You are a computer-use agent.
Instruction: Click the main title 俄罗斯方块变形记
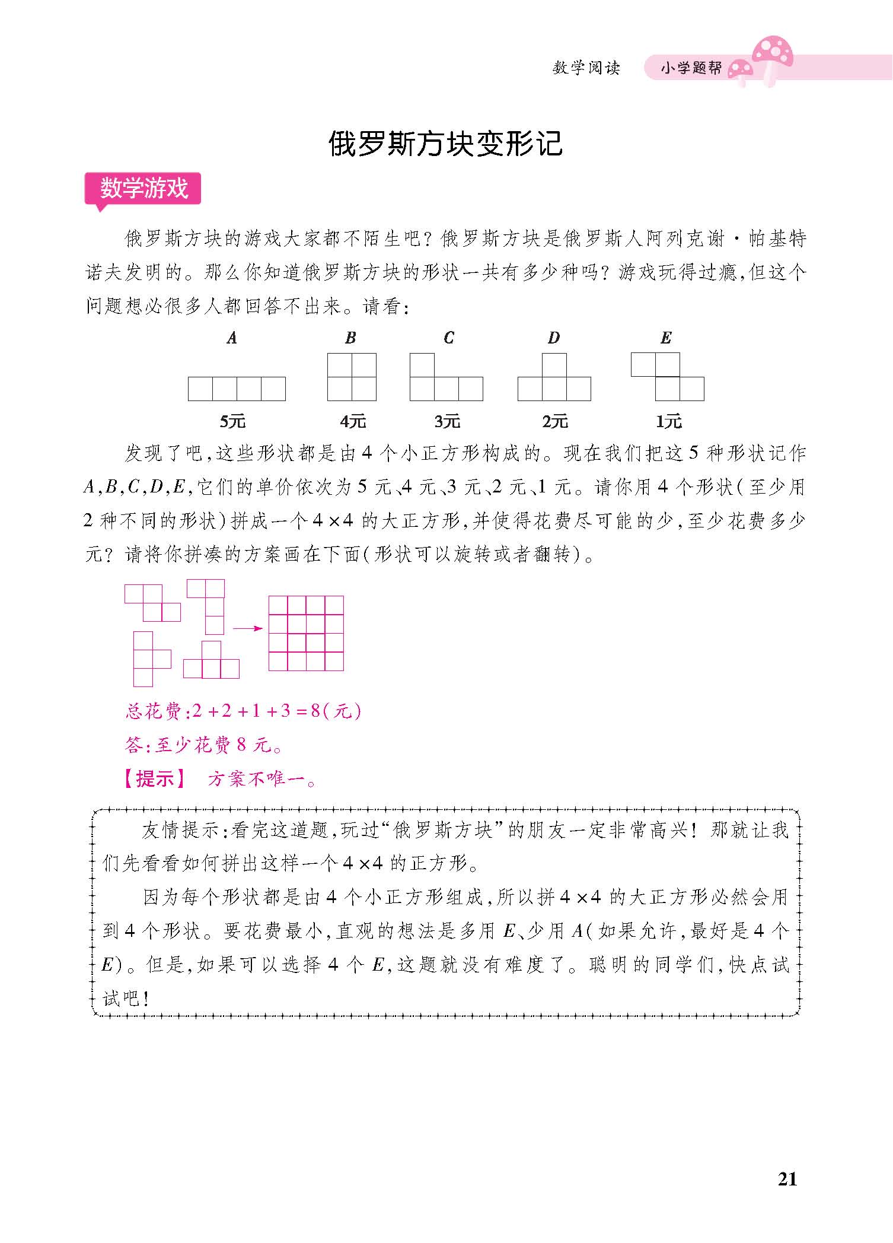pos(445,144)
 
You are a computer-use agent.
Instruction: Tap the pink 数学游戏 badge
pos(143,189)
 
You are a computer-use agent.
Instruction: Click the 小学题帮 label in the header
pos(690,68)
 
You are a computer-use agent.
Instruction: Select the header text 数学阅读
pos(586,68)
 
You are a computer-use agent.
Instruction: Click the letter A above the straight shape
pos(232,338)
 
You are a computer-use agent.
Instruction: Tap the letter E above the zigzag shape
pos(666,338)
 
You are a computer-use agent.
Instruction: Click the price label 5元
pos(232,421)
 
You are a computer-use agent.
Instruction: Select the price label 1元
pos(668,421)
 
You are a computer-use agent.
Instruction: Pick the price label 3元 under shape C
pos(447,421)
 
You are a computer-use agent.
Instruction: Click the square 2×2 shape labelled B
pos(352,377)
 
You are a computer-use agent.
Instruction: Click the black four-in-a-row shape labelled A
pos(237,389)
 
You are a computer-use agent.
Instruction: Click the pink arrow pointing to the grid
pos(247,628)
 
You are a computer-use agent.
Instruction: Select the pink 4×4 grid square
pos(306,633)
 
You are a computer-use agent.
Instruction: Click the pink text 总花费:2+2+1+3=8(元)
pos(243,711)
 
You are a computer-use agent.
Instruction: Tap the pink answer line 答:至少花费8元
pos(204,745)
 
